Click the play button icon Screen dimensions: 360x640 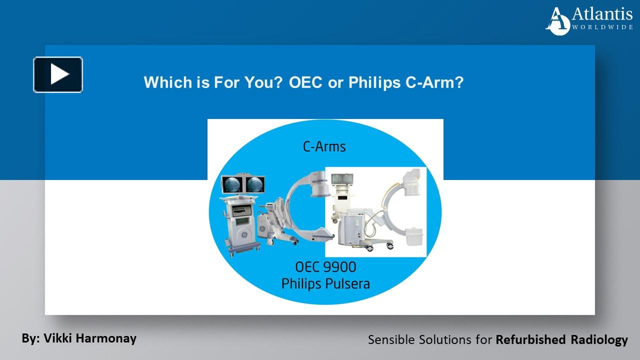58,74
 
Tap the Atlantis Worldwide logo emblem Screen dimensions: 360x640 558,21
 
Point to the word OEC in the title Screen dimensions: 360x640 305,82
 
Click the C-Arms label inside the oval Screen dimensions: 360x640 324,146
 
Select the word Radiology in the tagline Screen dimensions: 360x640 599,340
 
